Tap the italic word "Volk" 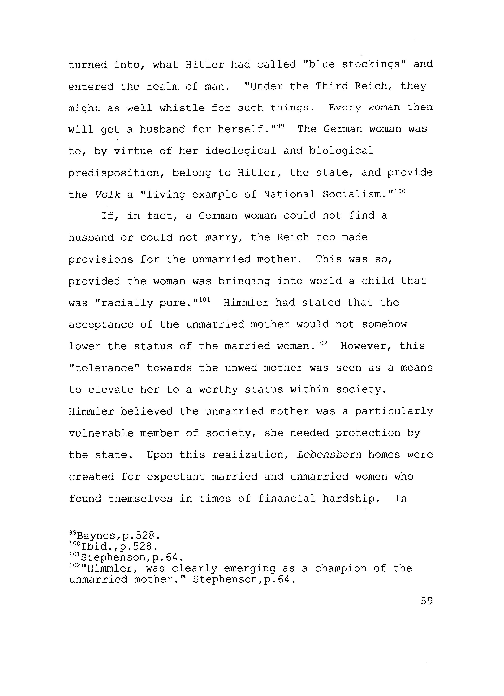[107, 195]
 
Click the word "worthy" [218, 390]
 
